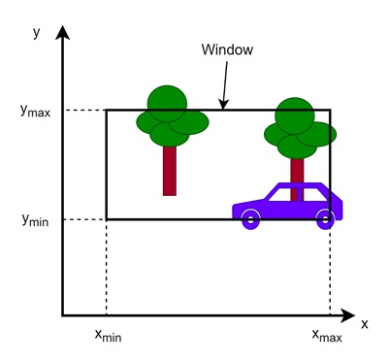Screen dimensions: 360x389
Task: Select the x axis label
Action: [364, 323]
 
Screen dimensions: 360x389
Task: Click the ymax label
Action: [35, 111]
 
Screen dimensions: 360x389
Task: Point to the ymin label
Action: [33, 219]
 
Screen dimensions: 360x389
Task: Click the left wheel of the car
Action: [250, 217]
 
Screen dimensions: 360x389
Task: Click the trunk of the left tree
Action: [170, 169]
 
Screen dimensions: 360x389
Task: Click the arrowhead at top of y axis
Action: [63, 35]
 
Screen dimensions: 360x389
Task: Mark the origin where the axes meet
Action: [63, 315]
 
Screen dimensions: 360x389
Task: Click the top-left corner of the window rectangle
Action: [107, 110]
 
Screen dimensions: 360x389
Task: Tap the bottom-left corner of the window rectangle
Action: [107, 219]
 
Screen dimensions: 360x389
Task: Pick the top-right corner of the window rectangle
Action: [330, 110]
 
